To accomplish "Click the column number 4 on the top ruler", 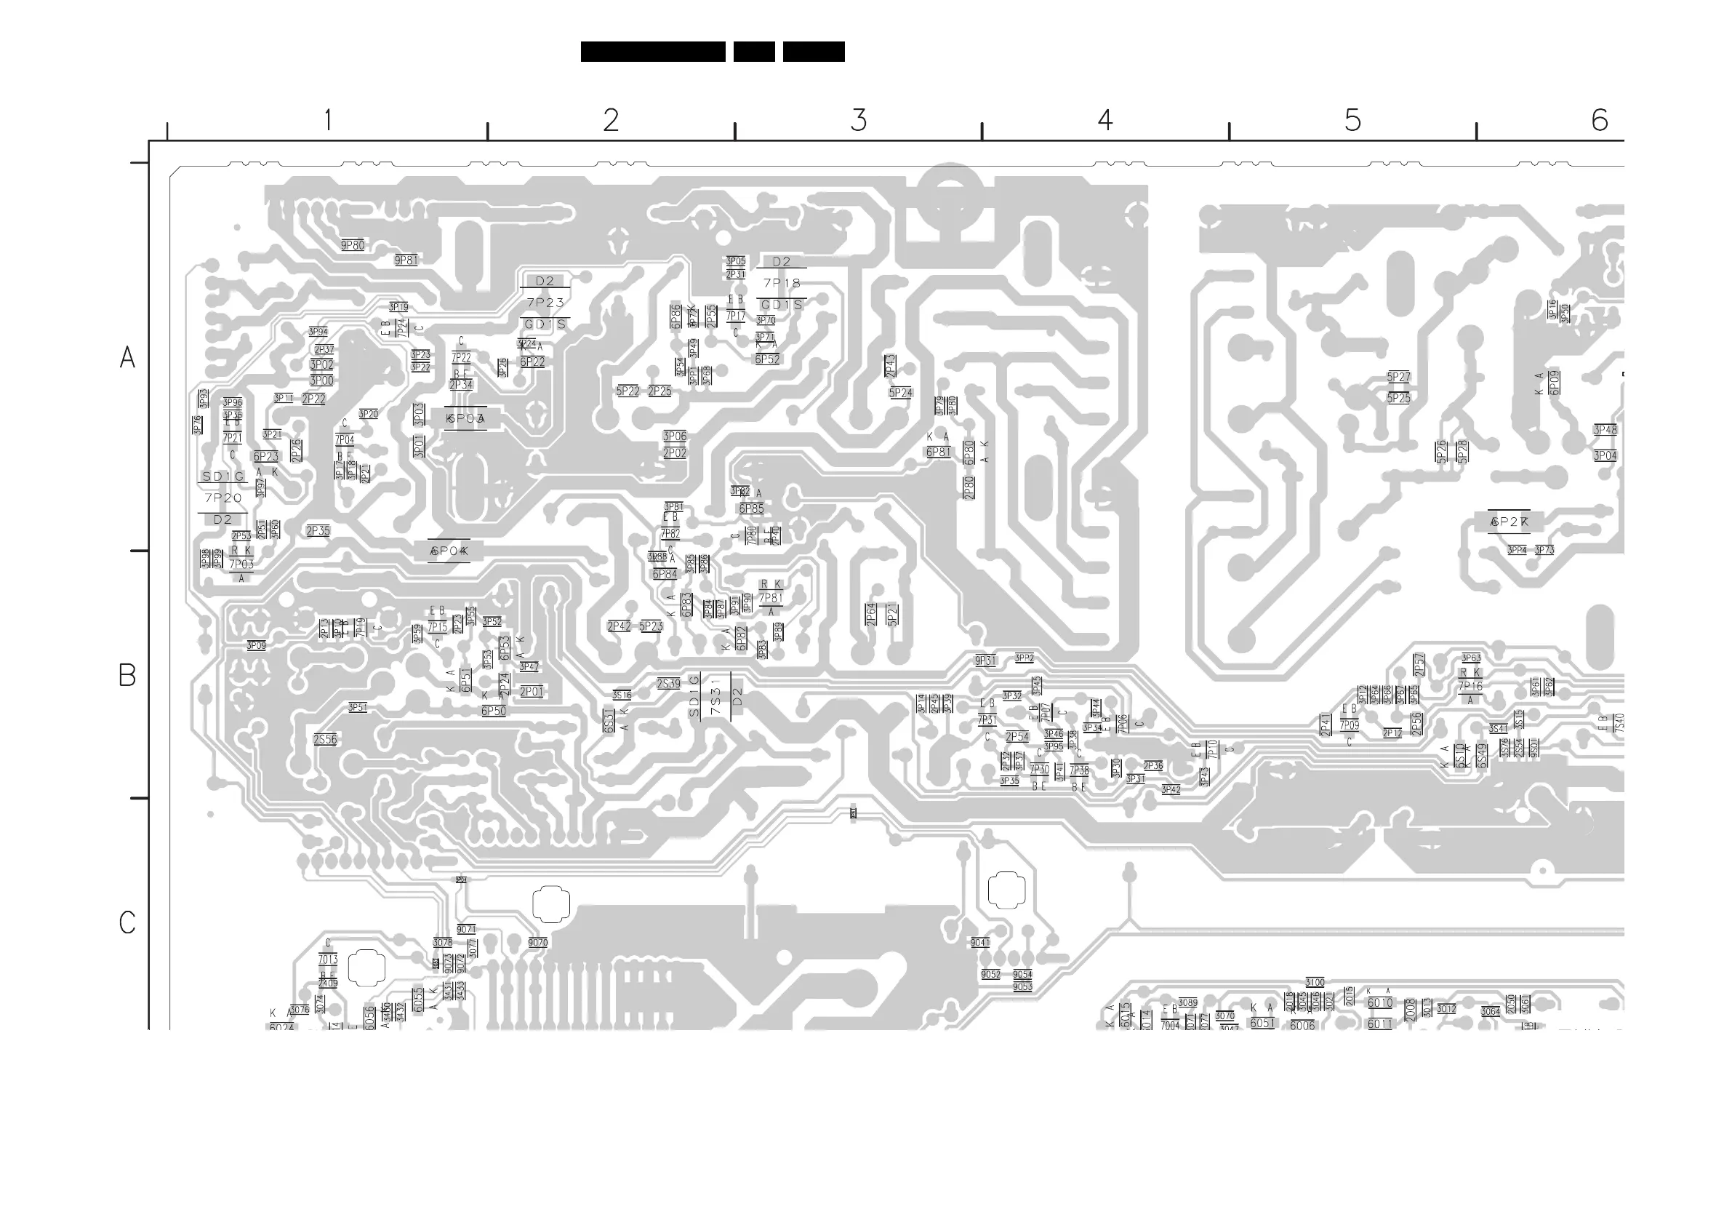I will (1105, 120).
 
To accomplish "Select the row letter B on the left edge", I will (127, 675).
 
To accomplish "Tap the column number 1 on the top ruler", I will (327, 120).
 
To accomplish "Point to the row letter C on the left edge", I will (127, 922).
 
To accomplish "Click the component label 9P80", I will (352, 245).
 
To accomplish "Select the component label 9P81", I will (406, 260).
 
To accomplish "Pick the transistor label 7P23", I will (545, 303).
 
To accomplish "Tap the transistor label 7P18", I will (782, 283).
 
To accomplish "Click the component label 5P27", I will (1398, 377).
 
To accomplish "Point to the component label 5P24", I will (900, 394).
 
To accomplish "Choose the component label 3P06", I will (674, 436).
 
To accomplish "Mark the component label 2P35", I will (318, 531).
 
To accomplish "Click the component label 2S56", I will (325, 740).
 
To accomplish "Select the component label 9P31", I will (985, 661).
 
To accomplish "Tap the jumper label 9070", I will (538, 943).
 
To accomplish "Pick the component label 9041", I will (980, 943).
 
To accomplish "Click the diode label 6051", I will (1262, 1024).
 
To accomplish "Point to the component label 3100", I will (1315, 983).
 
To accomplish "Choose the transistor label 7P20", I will (223, 498).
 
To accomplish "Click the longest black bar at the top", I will (652, 52).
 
